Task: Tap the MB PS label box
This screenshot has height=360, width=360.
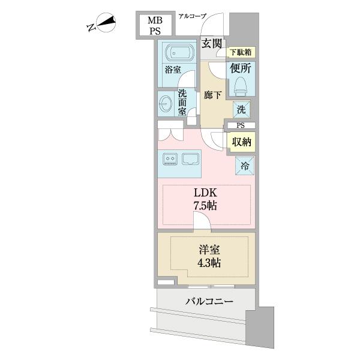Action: click(x=155, y=26)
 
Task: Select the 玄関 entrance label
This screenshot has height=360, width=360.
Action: click(x=212, y=43)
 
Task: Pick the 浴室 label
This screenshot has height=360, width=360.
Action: click(x=173, y=70)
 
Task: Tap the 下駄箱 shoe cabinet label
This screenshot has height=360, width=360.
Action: click(x=242, y=52)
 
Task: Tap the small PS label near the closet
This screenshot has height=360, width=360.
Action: click(x=241, y=125)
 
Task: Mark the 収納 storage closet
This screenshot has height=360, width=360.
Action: click(x=241, y=142)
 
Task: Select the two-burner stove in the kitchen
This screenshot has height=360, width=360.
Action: click(x=170, y=159)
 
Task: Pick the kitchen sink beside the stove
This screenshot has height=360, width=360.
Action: click(x=190, y=159)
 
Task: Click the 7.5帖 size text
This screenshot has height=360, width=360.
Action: click(x=205, y=206)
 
